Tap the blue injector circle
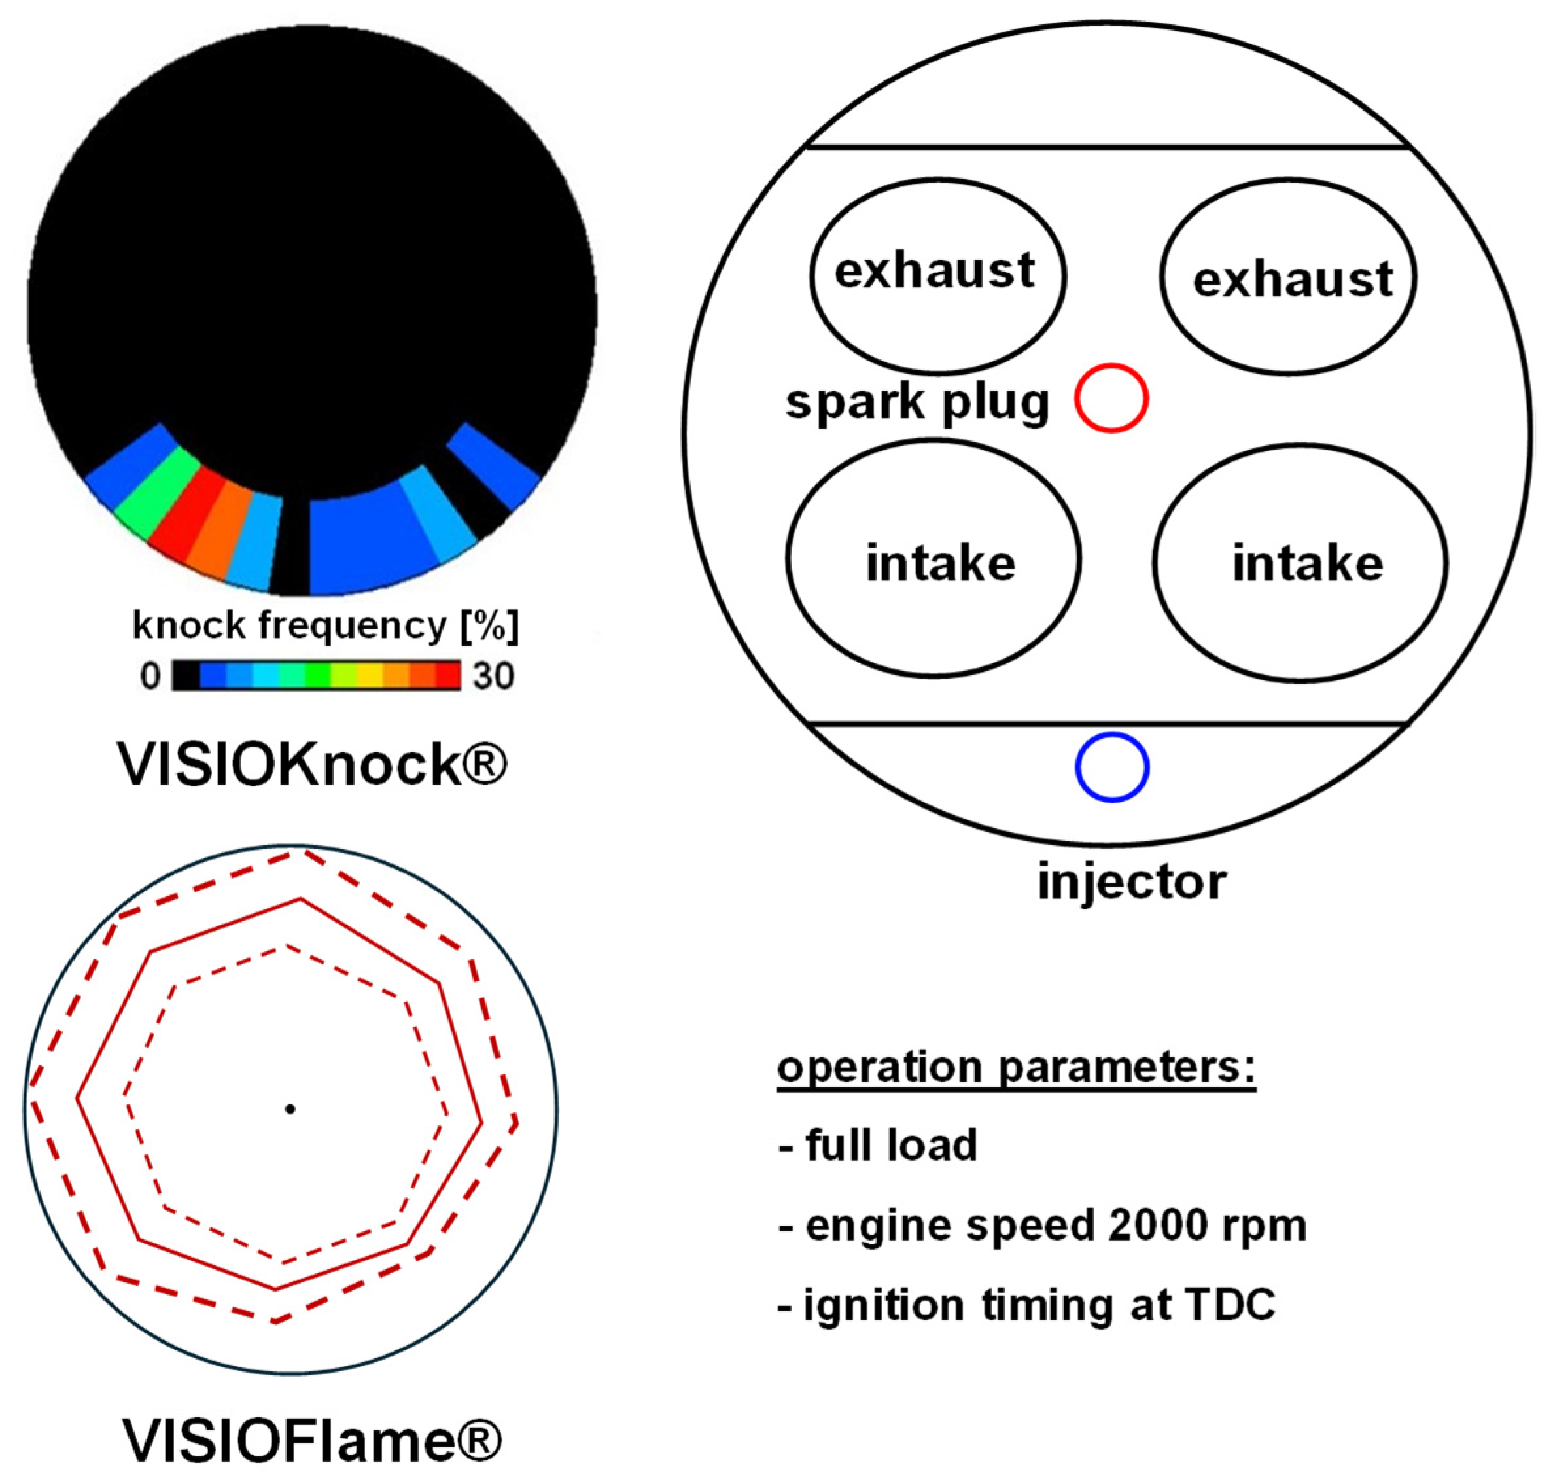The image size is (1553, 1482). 1111,767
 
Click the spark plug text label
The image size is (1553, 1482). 916,401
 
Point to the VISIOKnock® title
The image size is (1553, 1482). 312,764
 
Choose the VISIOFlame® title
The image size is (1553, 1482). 312,1441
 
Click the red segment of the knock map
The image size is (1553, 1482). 187,512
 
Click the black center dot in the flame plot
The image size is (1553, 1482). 290,1109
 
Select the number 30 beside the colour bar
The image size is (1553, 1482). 493,676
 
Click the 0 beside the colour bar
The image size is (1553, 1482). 150,676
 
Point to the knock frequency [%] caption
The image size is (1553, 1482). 326,626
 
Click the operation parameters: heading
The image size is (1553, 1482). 1016,1068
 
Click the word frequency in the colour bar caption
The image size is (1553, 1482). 353,626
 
